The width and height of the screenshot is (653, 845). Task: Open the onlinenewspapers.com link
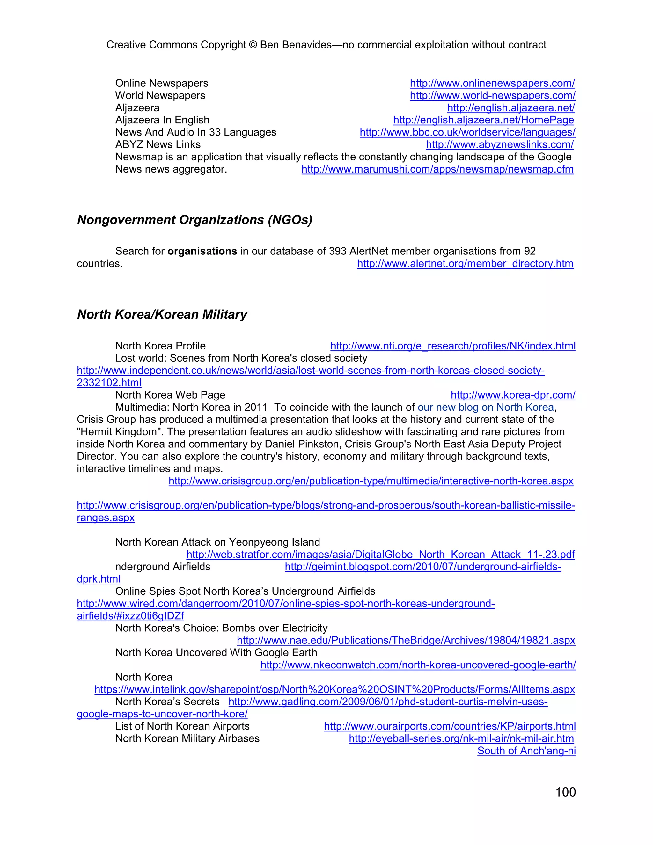click(x=492, y=83)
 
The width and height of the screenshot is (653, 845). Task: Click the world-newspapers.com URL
click(x=492, y=96)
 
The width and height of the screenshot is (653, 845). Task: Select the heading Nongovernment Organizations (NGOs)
click(x=194, y=220)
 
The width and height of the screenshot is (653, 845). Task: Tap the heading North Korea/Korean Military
click(x=162, y=314)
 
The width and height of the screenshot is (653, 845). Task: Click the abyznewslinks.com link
click(x=499, y=145)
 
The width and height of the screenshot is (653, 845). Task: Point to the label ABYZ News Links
click(x=158, y=145)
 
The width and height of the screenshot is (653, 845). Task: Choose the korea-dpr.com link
click(x=513, y=395)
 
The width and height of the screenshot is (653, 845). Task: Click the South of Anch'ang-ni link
click(x=526, y=751)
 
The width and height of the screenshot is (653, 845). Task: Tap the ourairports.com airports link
click(x=450, y=726)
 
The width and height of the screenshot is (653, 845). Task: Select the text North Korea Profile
click(x=160, y=346)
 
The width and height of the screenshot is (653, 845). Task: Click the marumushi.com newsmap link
click(x=437, y=169)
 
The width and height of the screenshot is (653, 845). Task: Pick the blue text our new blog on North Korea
click(x=486, y=408)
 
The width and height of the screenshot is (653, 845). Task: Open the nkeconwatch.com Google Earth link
click(x=418, y=665)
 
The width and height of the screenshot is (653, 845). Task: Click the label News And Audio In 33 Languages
click(x=196, y=132)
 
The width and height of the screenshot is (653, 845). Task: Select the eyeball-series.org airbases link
click(x=461, y=738)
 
